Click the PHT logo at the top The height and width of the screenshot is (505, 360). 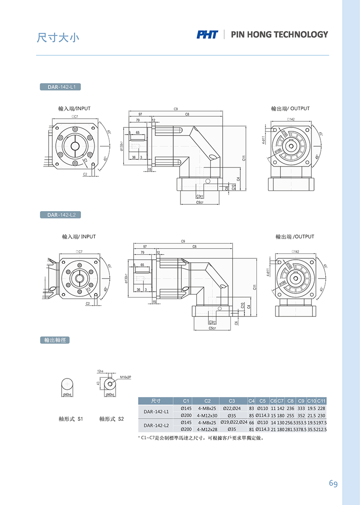coord(207,35)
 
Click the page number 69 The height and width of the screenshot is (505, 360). coord(333,483)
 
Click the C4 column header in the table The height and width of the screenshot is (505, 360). coord(252,401)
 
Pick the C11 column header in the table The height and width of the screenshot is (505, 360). coord(321,401)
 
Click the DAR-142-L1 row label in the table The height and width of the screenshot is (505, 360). coord(156,411)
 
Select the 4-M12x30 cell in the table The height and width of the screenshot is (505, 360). coord(207,415)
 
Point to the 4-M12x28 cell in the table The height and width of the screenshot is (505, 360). coord(207,429)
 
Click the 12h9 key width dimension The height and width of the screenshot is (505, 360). coord(100,371)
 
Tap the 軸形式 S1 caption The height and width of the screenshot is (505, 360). coord(71,419)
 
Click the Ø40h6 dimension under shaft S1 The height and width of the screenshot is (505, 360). coord(67,395)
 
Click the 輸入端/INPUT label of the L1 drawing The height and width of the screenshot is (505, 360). coord(74,108)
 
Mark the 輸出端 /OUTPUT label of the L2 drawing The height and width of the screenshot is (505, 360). coord(295,236)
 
